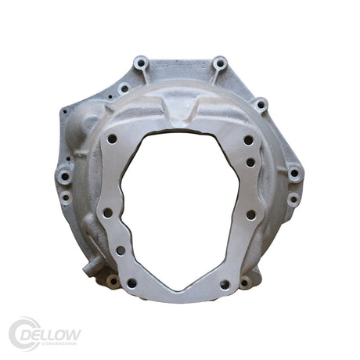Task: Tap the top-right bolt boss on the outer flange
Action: tap(220, 62)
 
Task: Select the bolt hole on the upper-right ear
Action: tap(261, 103)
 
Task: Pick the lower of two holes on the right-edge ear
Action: tap(293, 199)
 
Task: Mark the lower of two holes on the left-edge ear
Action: tap(65, 197)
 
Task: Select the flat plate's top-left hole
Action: tap(112, 139)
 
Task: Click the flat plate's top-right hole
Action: tap(248, 140)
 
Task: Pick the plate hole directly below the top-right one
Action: tap(250, 163)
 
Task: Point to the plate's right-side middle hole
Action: tap(250, 214)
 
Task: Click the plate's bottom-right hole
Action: tap(225, 284)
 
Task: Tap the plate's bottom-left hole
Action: tap(131, 283)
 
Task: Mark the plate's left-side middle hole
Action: tap(107, 212)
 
